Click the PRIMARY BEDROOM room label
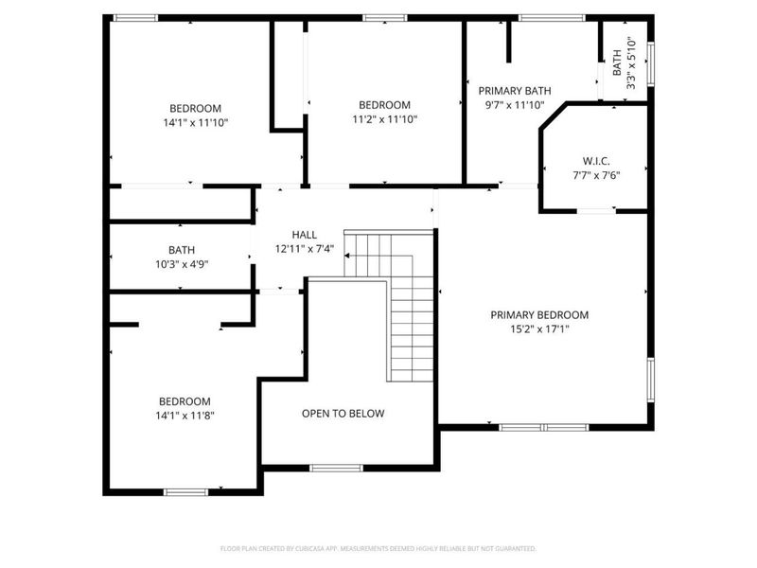tap(539, 315)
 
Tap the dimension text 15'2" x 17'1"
tap(539, 329)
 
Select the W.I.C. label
tap(596, 161)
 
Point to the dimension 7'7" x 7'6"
tap(596, 175)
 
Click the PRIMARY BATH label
tap(515, 91)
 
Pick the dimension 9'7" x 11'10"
tap(515, 105)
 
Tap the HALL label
tap(304, 235)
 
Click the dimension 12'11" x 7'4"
tap(304, 249)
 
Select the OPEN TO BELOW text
tap(343, 414)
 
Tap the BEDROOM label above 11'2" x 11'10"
tap(384, 105)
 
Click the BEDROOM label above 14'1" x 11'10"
tap(195, 108)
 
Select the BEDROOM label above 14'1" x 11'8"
tap(185, 401)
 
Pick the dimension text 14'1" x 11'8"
tap(185, 415)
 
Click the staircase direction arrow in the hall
tap(348, 255)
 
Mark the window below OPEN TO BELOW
tap(336, 468)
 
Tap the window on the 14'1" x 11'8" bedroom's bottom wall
tap(185, 491)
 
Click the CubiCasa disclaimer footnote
tap(378, 548)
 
